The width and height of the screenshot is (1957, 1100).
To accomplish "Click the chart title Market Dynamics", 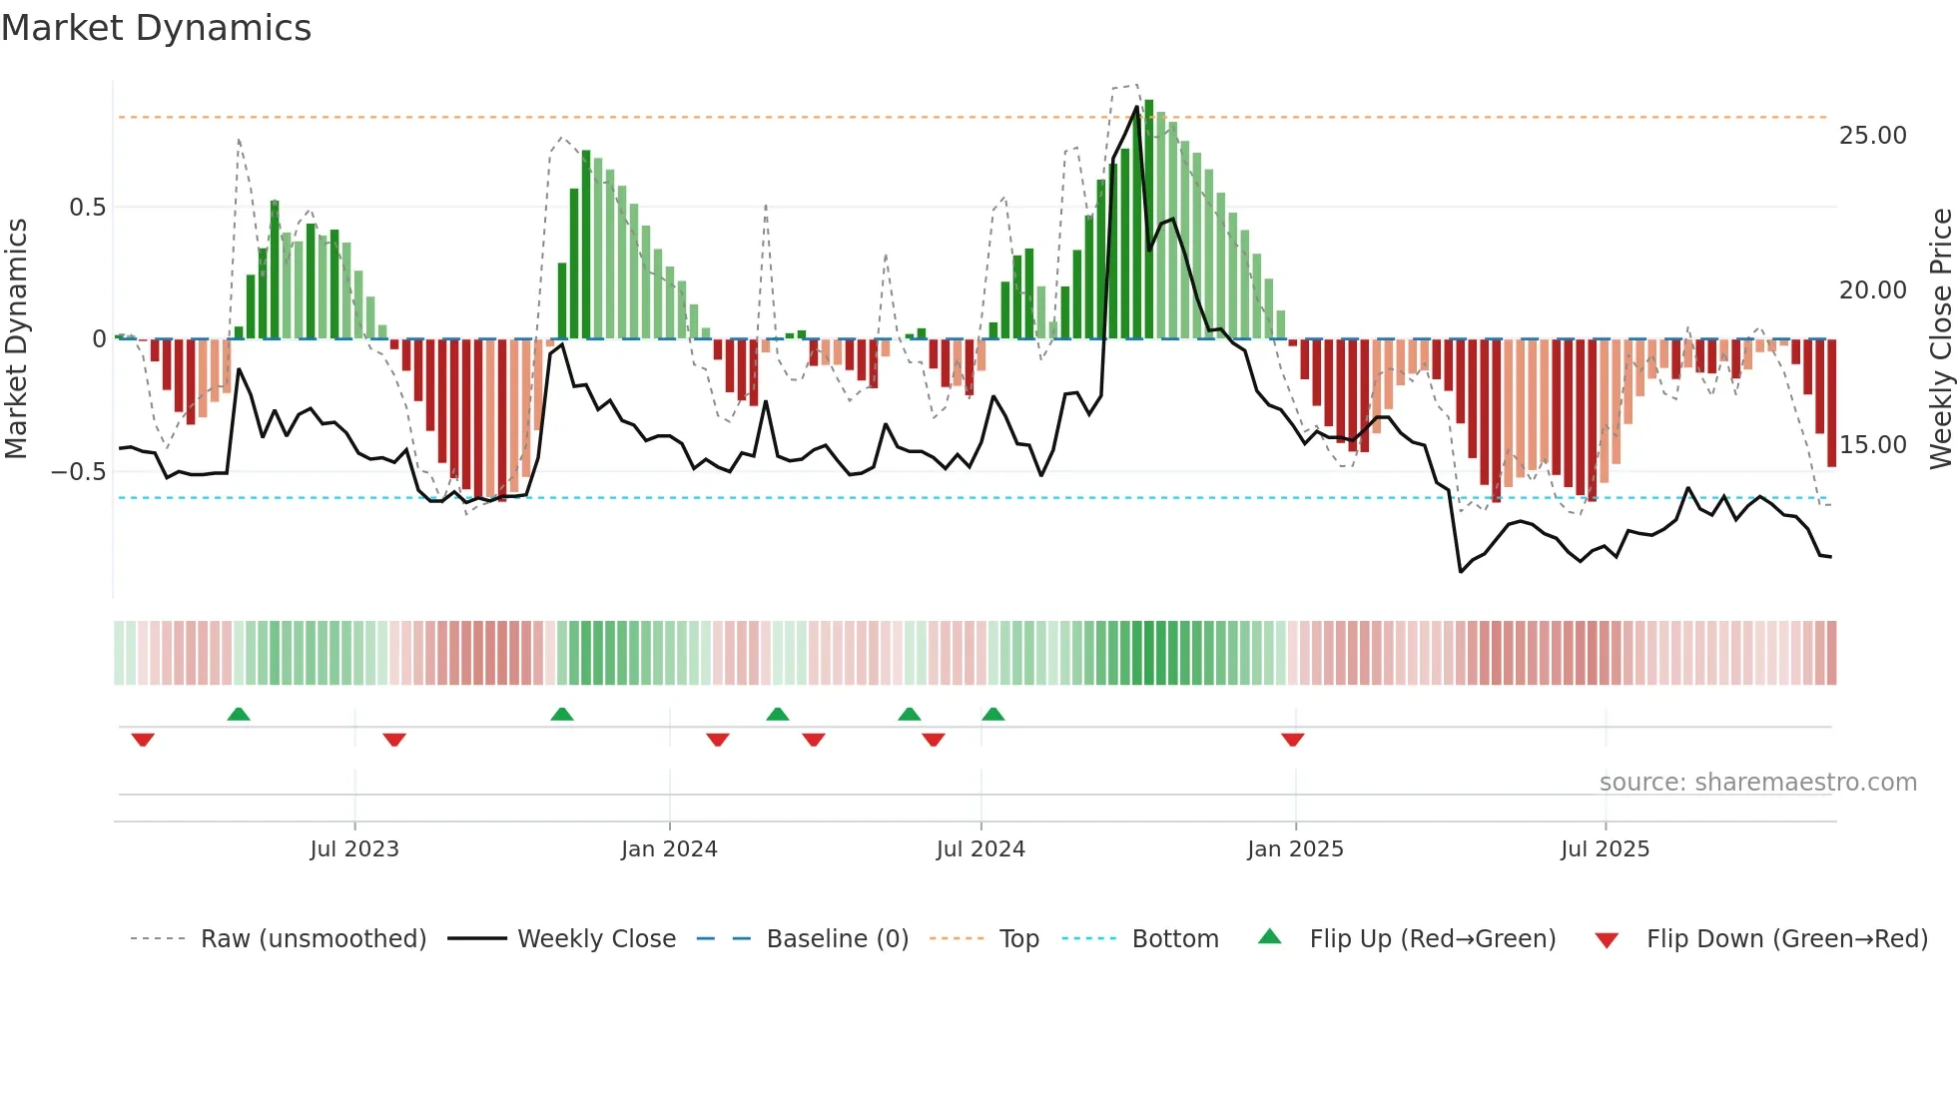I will click(x=156, y=28).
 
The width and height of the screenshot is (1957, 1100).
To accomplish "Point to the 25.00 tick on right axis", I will click(x=1872, y=136).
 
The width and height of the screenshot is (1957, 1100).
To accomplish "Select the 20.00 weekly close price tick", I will click(x=1872, y=290).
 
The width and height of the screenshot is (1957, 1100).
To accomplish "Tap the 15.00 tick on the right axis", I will click(x=1872, y=445).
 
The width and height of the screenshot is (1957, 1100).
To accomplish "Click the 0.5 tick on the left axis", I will click(x=87, y=208).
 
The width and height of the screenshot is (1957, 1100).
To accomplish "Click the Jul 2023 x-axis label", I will click(x=354, y=849).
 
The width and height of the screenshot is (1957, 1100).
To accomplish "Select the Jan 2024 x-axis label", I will click(x=669, y=849).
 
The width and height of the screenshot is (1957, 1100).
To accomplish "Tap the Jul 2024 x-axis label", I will click(x=980, y=849).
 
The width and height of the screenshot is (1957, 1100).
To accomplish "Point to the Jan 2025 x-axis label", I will click(x=1295, y=849).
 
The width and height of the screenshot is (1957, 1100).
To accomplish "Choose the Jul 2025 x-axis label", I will click(x=1606, y=849).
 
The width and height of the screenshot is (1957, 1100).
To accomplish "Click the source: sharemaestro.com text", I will click(x=1757, y=783).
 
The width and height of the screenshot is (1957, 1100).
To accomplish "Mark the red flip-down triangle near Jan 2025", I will click(x=1293, y=740).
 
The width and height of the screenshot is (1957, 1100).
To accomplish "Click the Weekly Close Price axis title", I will click(x=1940, y=339).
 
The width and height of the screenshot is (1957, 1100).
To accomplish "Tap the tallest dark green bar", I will click(x=1149, y=220).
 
